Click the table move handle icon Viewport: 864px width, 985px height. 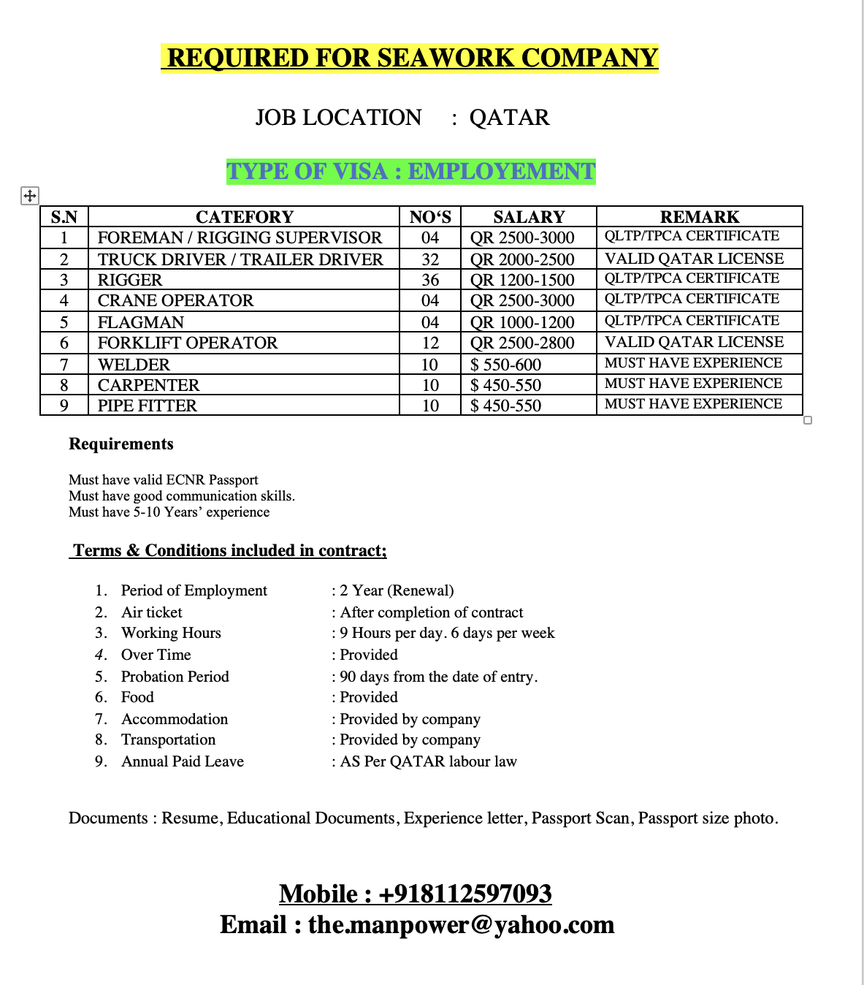[29, 196]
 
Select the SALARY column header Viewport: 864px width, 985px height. [529, 217]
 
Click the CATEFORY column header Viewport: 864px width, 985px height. [244, 217]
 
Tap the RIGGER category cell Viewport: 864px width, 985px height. [130, 281]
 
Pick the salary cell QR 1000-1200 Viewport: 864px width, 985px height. [522, 322]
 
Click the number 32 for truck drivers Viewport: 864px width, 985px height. [430, 259]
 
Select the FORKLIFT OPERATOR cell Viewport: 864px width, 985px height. [188, 343]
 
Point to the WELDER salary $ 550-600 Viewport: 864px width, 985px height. [505, 365]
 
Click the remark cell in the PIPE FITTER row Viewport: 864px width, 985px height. [693, 404]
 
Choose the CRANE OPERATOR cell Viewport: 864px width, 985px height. [175, 301]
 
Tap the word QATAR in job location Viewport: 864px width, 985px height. [509, 118]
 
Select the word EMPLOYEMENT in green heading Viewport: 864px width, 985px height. [502, 172]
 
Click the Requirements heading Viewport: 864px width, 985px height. [121, 444]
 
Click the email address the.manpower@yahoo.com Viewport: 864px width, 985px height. [461, 925]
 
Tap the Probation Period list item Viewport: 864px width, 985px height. [175, 677]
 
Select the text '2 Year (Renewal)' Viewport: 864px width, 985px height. [397, 590]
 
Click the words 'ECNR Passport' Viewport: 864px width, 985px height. [213, 480]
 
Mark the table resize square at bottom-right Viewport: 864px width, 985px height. [808, 420]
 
